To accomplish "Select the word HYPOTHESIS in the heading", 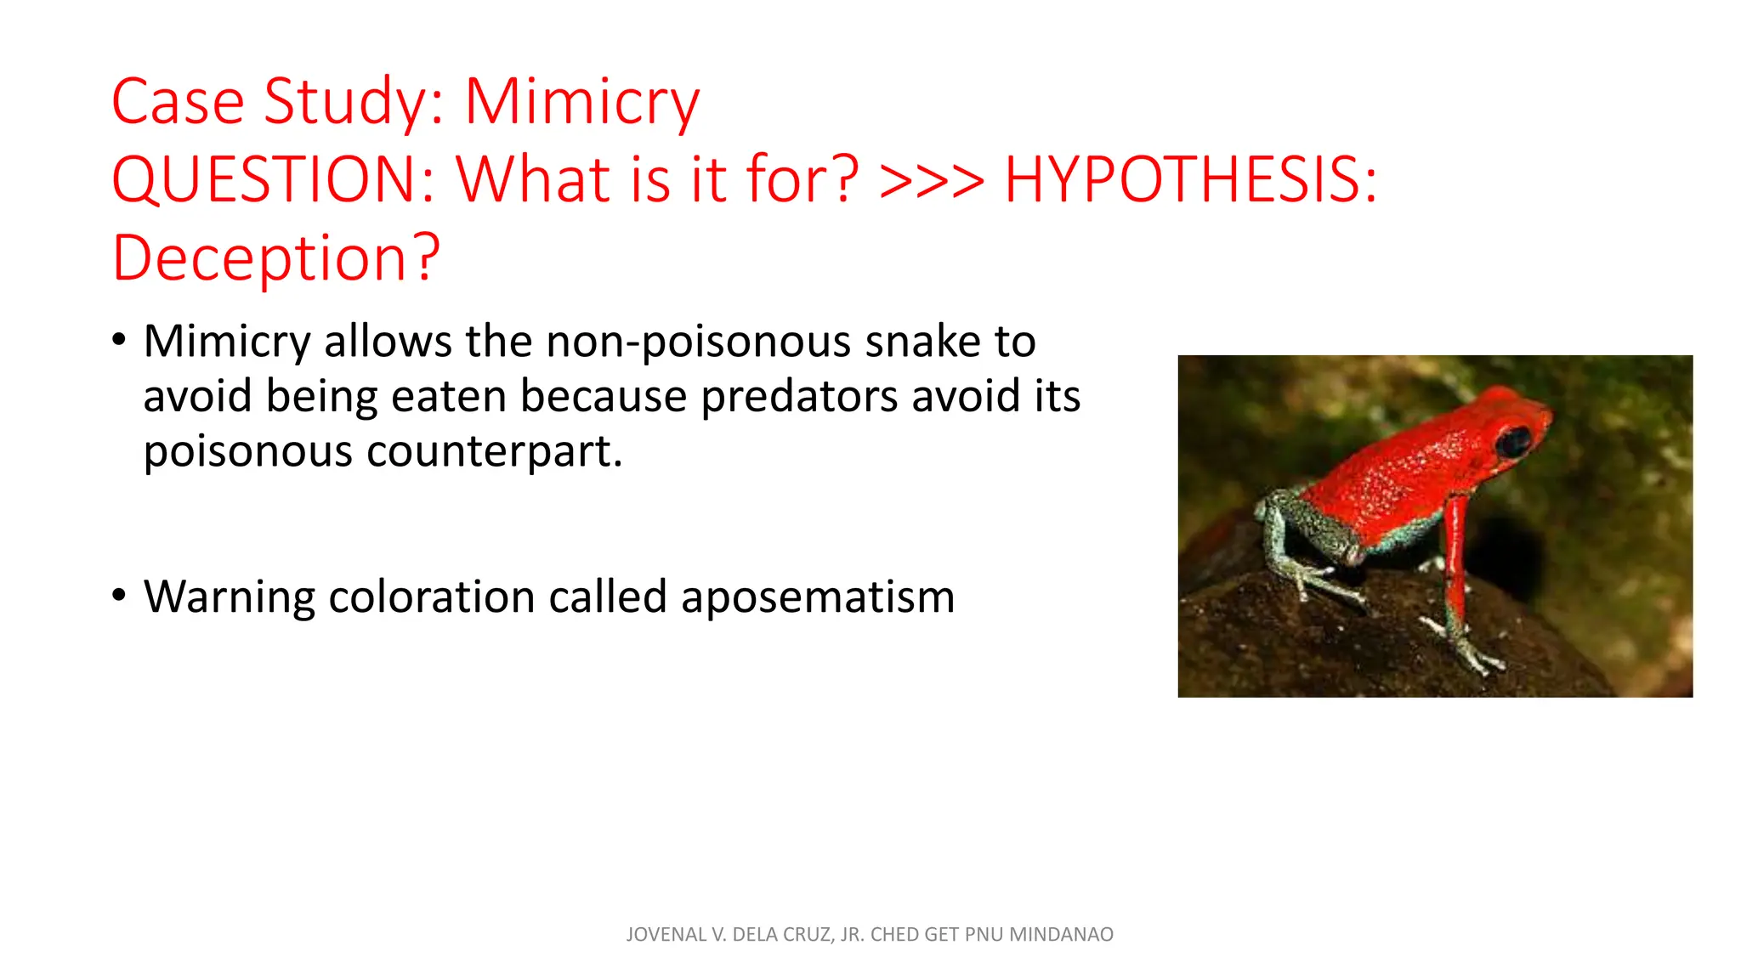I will pos(1190,180).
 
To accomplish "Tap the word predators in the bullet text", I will pos(799,397).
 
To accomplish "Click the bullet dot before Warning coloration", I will pos(119,596).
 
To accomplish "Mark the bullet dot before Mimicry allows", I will pos(119,341).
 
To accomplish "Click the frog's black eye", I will pos(1514,441).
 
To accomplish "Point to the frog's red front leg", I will pos(1455,561).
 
